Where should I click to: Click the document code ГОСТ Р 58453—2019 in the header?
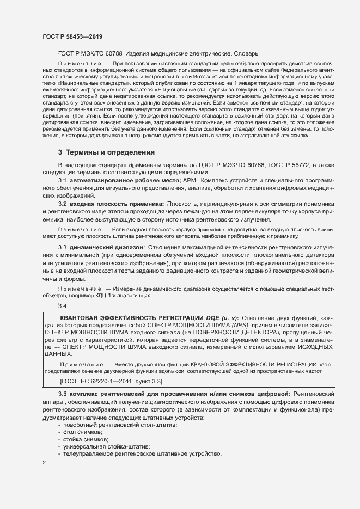(72, 36)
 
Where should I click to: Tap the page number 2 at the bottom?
(44, 463)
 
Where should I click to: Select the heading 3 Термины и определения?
(107, 152)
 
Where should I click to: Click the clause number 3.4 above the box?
(62, 305)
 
